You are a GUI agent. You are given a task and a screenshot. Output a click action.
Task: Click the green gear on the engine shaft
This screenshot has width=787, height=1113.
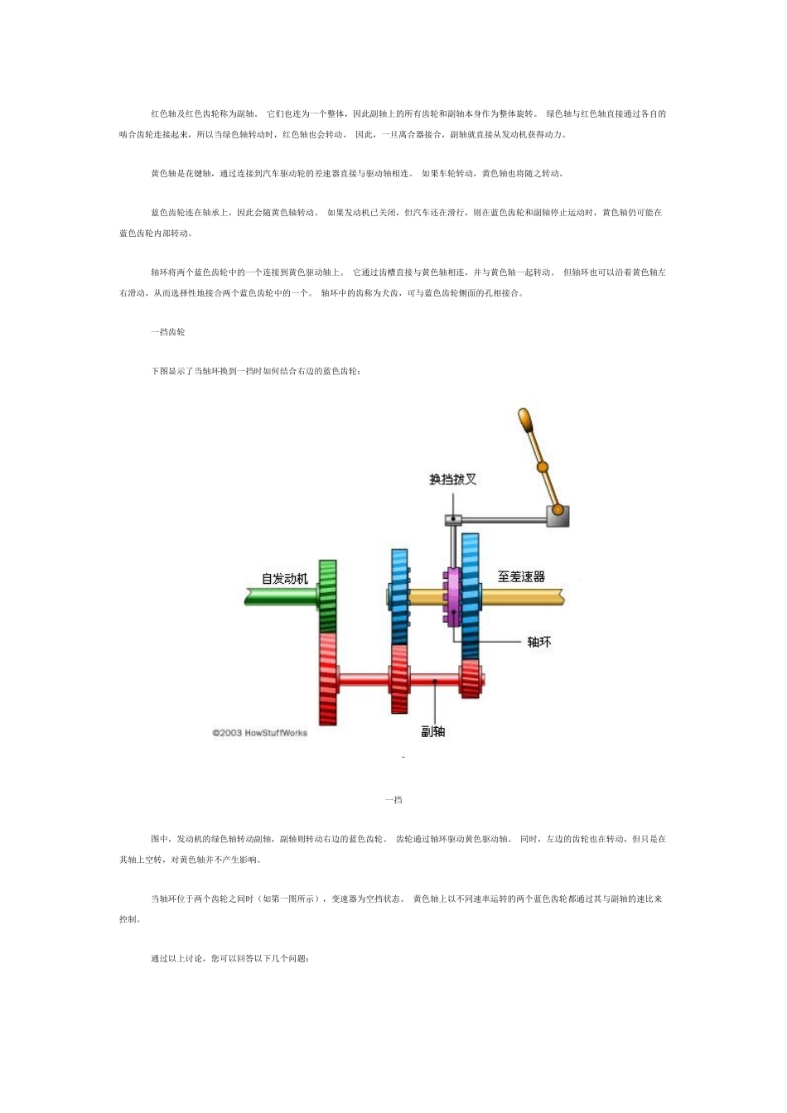pyautogui.click(x=328, y=596)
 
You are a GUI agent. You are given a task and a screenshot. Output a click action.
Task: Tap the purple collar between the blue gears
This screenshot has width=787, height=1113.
pyautogui.click(x=453, y=596)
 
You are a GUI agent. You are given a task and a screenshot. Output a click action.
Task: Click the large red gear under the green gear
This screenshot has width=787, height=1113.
pyautogui.click(x=328, y=679)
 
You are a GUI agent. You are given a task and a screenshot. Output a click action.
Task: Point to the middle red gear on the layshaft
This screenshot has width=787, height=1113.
pyautogui.click(x=399, y=679)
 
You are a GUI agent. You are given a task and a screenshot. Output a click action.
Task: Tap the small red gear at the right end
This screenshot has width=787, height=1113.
pyautogui.click(x=471, y=679)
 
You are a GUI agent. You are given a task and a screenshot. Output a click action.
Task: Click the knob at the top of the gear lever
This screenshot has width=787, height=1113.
pyautogui.click(x=524, y=417)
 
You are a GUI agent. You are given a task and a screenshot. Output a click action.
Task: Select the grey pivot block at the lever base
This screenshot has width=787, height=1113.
pyautogui.click(x=558, y=516)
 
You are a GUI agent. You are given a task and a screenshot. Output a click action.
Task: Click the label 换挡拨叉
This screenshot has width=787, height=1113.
pyautogui.click(x=452, y=479)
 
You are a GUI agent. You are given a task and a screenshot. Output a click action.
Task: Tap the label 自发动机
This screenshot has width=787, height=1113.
pyautogui.click(x=285, y=578)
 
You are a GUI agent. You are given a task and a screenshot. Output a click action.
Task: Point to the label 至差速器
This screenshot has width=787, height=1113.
pyautogui.click(x=521, y=576)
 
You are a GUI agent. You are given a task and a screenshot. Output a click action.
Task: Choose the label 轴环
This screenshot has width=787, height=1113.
pyautogui.click(x=538, y=642)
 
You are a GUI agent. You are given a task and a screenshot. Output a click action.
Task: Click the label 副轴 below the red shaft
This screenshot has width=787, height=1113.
pyautogui.click(x=432, y=731)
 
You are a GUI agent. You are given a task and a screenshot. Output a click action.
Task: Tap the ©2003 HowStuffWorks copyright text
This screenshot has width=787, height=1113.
pyautogui.click(x=259, y=733)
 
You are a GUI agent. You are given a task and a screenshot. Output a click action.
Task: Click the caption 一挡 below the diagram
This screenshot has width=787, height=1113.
pyautogui.click(x=393, y=800)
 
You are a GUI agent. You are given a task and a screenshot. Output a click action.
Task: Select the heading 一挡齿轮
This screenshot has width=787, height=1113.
pyautogui.click(x=168, y=332)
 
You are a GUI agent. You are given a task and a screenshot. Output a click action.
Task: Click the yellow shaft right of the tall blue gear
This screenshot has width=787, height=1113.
pyautogui.click(x=522, y=596)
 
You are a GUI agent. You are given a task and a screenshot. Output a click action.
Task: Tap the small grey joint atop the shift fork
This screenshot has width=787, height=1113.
pyautogui.click(x=453, y=520)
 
